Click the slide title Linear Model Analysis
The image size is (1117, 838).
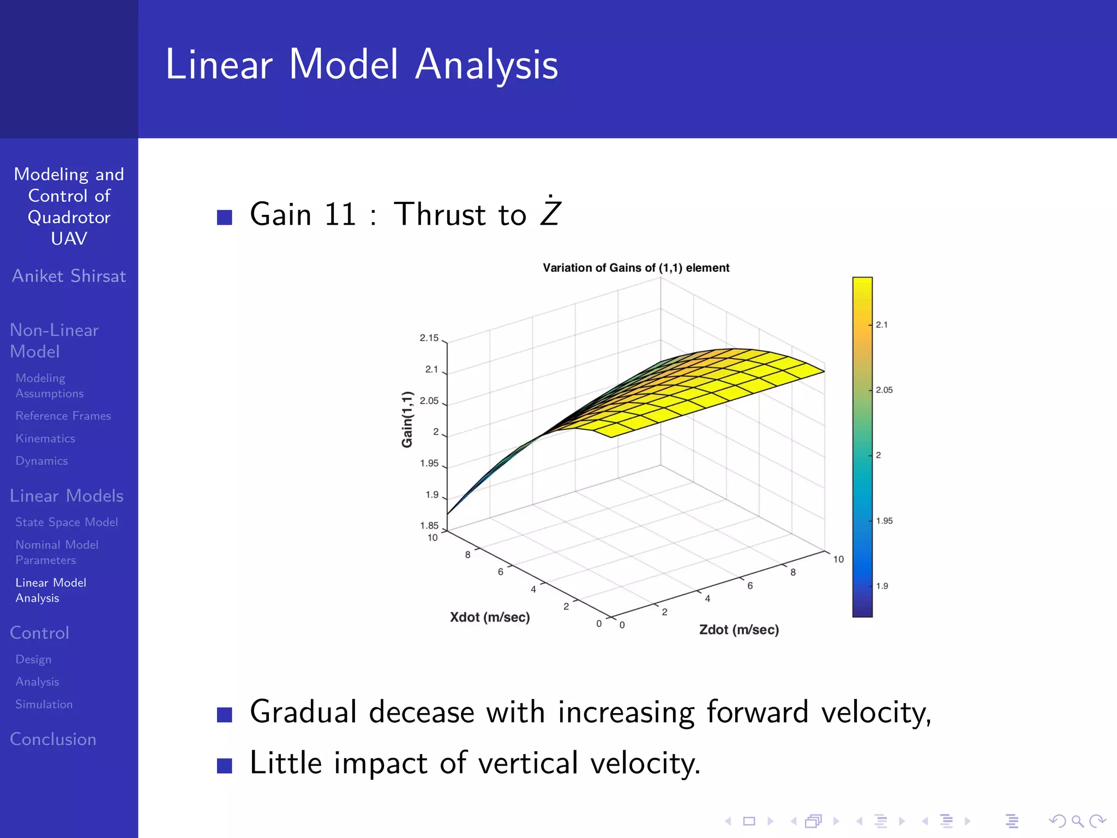click(x=362, y=64)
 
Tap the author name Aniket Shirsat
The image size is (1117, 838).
click(x=69, y=276)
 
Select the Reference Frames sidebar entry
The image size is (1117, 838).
click(x=63, y=416)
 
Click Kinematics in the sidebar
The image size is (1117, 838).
click(x=45, y=439)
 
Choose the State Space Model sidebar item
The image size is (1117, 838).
click(x=67, y=522)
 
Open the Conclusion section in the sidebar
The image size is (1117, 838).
click(x=53, y=739)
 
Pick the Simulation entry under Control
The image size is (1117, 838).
click(x=44, y=704)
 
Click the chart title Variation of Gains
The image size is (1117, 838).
click(x=635, y=268)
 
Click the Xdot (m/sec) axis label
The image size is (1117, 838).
click(x=489, y=617)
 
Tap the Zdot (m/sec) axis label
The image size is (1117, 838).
click(x=738, y=630)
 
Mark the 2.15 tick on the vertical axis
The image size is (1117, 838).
click(x=429, y=338)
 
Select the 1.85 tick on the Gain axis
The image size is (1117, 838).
click(x=429, y=525)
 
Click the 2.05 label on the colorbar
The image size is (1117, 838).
click(x=884, y=390)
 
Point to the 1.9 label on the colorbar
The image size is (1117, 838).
click(x=881, y=586)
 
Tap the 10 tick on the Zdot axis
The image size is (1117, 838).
click(x=838, y=559)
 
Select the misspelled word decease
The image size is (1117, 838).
click(x=421, y=713)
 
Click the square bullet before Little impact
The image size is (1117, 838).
click(x=224, y=765)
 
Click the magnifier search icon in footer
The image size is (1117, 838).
click(x=1077, y=821)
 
